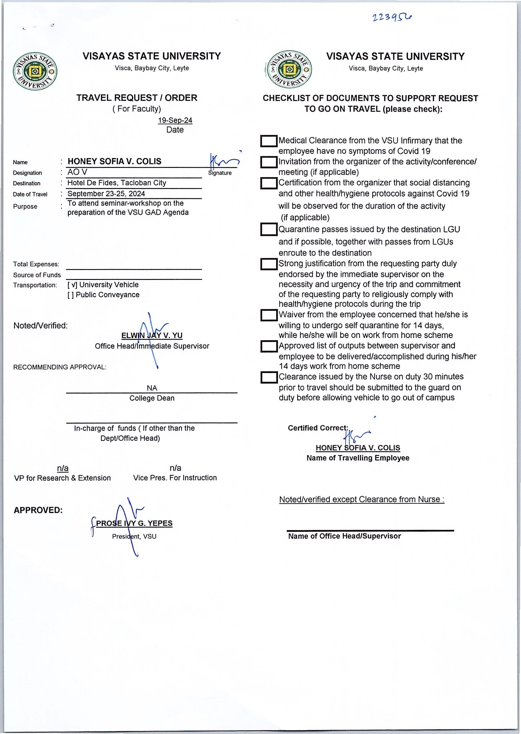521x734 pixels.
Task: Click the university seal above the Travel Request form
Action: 35,71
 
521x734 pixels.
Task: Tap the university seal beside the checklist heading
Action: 289,69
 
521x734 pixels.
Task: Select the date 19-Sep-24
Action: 175,120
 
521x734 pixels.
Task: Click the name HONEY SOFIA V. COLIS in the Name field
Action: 115,161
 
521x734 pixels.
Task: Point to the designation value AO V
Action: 77,172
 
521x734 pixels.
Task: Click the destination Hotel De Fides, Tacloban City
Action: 117,183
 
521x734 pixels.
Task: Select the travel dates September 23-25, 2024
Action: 106,194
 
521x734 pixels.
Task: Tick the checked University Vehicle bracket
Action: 72,285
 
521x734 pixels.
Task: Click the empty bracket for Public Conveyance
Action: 71,295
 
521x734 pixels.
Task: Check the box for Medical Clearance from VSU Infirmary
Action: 268,141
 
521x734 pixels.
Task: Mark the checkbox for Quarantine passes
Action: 268,229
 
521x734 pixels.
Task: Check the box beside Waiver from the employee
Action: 268,315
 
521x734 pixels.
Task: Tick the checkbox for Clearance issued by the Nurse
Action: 268,377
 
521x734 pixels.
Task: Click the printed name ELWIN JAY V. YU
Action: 152,335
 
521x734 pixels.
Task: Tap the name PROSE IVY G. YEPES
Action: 134,523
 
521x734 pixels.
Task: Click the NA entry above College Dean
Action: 152,388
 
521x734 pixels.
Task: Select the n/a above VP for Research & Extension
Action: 63,468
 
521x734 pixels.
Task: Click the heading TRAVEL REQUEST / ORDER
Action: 137,98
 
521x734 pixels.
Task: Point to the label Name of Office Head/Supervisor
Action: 344,536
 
